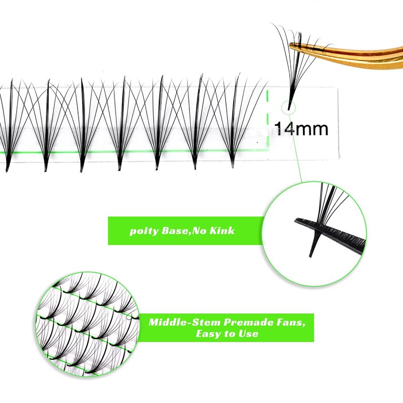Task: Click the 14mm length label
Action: click(x=301, y=128)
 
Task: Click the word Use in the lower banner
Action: click(x=250, y=333)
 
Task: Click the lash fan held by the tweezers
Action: click(x=295, y=60)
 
